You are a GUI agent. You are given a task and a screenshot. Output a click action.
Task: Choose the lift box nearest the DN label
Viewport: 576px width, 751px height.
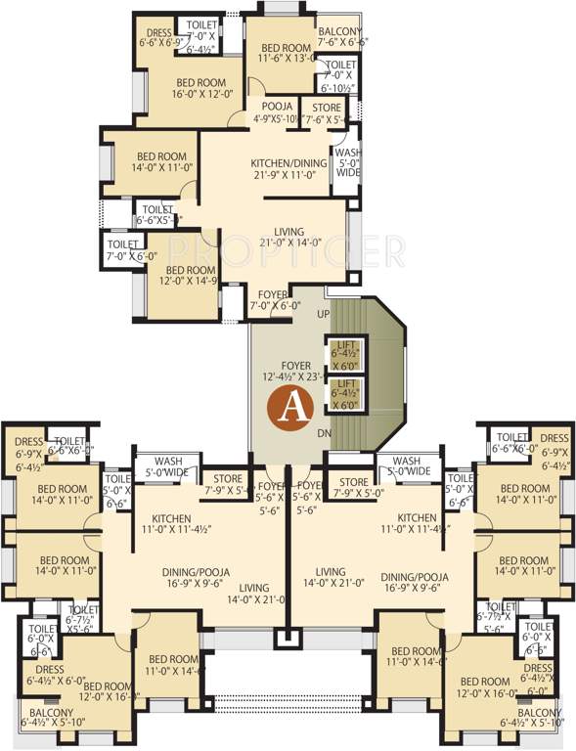tap(346, 393)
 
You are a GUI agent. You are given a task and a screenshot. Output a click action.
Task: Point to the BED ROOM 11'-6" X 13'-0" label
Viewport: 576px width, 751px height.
tap(287, 52)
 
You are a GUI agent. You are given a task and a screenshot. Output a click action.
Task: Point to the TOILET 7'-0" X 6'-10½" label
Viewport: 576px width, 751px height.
tap(342, 75)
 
